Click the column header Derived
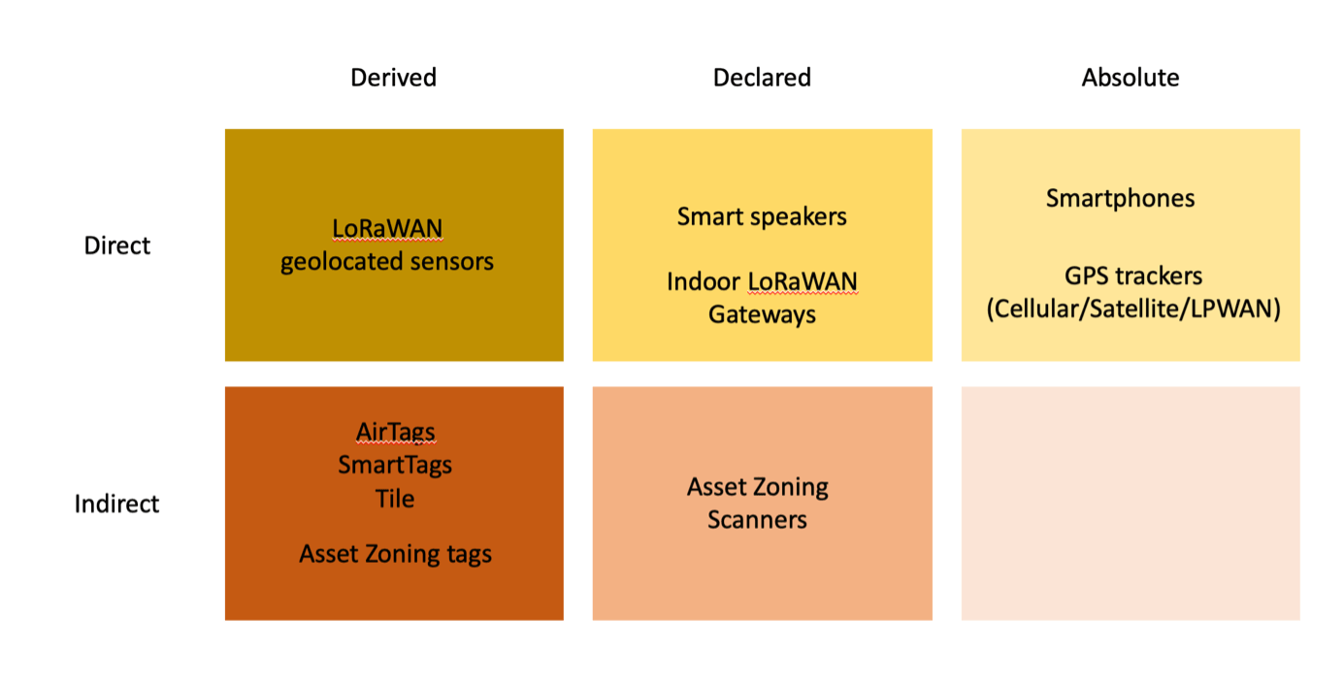393,78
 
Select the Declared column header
762,78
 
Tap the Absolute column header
1130,78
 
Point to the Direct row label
117,245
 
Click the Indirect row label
117,504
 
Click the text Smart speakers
762,216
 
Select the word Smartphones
1120,199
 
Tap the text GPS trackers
1133,277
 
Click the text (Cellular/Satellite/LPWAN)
1133,309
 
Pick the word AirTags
395,432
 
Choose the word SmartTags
395,465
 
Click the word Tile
395,499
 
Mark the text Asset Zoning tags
395,554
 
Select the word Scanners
757,520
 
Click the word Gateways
762,315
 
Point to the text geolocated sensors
387,262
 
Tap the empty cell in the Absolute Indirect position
1130,504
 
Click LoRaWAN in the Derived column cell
387,229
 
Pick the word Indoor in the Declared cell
703,282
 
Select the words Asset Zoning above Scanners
757,487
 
